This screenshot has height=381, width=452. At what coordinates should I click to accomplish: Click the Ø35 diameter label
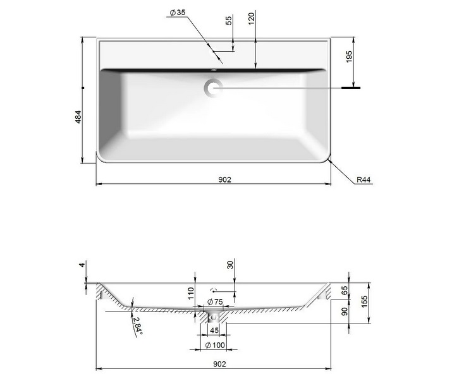(178, 13)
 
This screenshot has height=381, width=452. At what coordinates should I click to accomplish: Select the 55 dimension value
(229, 20)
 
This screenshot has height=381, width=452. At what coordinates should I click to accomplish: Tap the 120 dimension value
(252, 18)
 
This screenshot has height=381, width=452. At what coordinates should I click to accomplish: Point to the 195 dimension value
(349, 57)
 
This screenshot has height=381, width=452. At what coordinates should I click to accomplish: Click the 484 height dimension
(78, 117)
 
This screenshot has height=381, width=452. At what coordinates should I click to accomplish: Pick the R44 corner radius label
(363, 179)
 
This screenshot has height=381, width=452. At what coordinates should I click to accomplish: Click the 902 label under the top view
(224, 179)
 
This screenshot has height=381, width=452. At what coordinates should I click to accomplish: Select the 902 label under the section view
(219, 364)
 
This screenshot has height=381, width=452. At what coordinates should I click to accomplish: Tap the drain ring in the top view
(213, 88)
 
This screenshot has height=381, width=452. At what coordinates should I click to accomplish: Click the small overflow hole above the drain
(214, 70)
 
